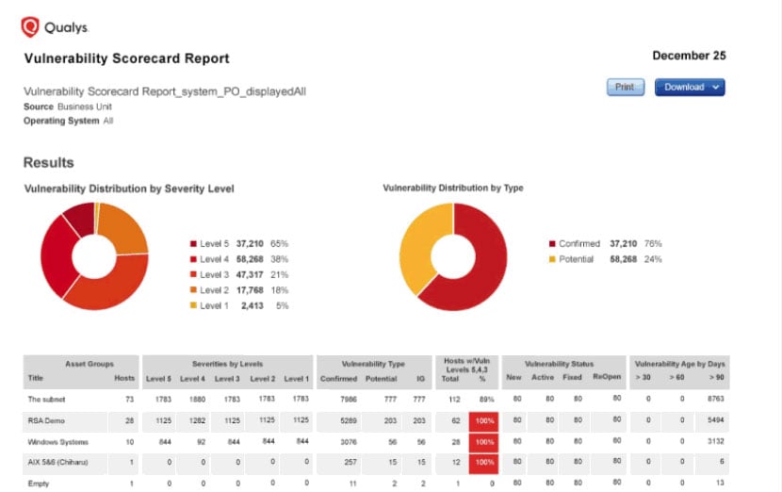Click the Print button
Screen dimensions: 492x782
[x=624, y=88]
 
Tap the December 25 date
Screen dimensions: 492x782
[x=689, y=57]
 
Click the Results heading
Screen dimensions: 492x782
[x=49, y=163]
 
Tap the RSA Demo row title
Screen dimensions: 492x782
[x=45, y=419]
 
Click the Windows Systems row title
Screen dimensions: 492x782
[x=55, y=441]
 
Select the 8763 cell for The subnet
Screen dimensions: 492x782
[x=713, y=399]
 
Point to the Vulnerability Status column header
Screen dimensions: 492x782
[x=562, y=363]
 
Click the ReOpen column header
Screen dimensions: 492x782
[x=606, y=378]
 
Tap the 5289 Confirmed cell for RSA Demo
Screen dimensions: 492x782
[x=348, y=419]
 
